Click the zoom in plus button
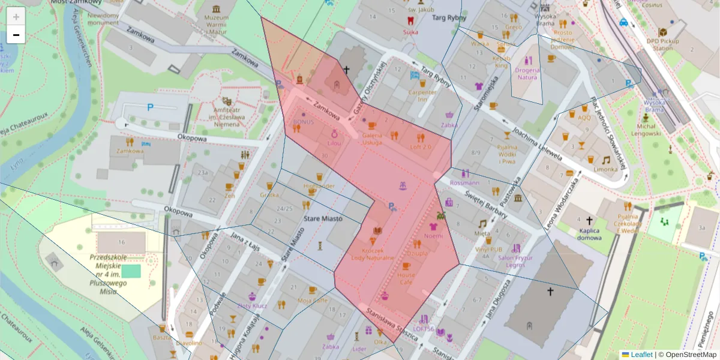pos(16,17)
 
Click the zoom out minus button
pos(16,35)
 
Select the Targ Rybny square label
pos(449,18)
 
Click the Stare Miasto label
pos(323,219)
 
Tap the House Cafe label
pos(406,278)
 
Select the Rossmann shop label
pos(464,182)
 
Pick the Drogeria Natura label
pos(527,73)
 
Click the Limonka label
pos(605,169)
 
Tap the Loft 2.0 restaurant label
pos(420,147)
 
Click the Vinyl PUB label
pos(488,248)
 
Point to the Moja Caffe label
pos(313,300)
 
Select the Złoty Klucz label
pos(252,305)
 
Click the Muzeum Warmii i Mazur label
pos(217,22)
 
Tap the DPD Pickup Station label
pos(664,44)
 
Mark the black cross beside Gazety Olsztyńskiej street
pos(346,70)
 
